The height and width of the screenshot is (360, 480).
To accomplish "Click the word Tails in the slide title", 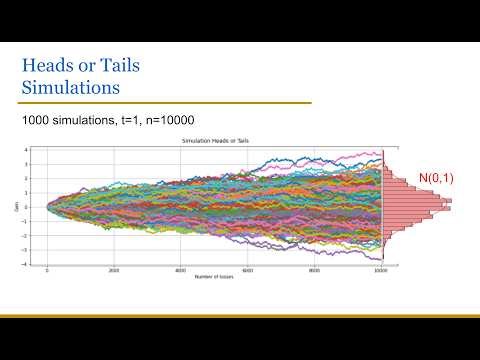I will (114, 65).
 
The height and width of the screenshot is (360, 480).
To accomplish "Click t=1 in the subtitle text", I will (134, 120).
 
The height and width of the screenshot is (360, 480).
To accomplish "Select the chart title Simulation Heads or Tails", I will (214, 142).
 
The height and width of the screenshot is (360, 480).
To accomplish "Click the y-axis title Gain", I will (18, 206).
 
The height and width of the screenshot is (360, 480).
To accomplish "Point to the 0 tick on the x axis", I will (47, 270).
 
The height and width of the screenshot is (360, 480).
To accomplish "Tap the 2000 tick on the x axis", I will (114, 270).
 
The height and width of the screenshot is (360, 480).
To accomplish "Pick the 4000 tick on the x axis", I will (181, 270).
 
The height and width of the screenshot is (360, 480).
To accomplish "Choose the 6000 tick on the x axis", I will (248, 270).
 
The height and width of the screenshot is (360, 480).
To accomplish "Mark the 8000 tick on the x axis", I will (315, 270).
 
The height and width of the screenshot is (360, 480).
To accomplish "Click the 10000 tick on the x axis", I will (381, 270).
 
